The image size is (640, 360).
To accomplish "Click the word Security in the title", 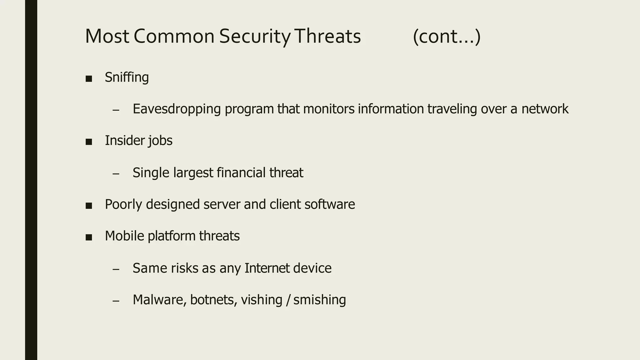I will point(255,36).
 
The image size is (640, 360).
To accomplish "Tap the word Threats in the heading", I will point(327,36).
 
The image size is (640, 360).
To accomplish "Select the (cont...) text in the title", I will point(447,36).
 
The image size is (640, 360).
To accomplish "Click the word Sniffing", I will point(127,77).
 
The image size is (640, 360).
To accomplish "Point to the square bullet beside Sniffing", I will point(89,78).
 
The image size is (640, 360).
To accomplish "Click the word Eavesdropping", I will point(177,109).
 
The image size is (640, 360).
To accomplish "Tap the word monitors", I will point(328,109).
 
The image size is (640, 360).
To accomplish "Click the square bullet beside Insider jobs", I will point(89,142).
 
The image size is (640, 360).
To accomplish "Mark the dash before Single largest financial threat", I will point(116,174).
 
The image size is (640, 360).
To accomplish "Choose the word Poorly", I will point(123,204).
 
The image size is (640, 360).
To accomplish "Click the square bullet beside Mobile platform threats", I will point(89,237).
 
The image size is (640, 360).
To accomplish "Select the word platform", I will point(171,236).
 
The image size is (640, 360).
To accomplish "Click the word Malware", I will point(159,300).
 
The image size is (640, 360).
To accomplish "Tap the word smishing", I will point(319,300).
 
